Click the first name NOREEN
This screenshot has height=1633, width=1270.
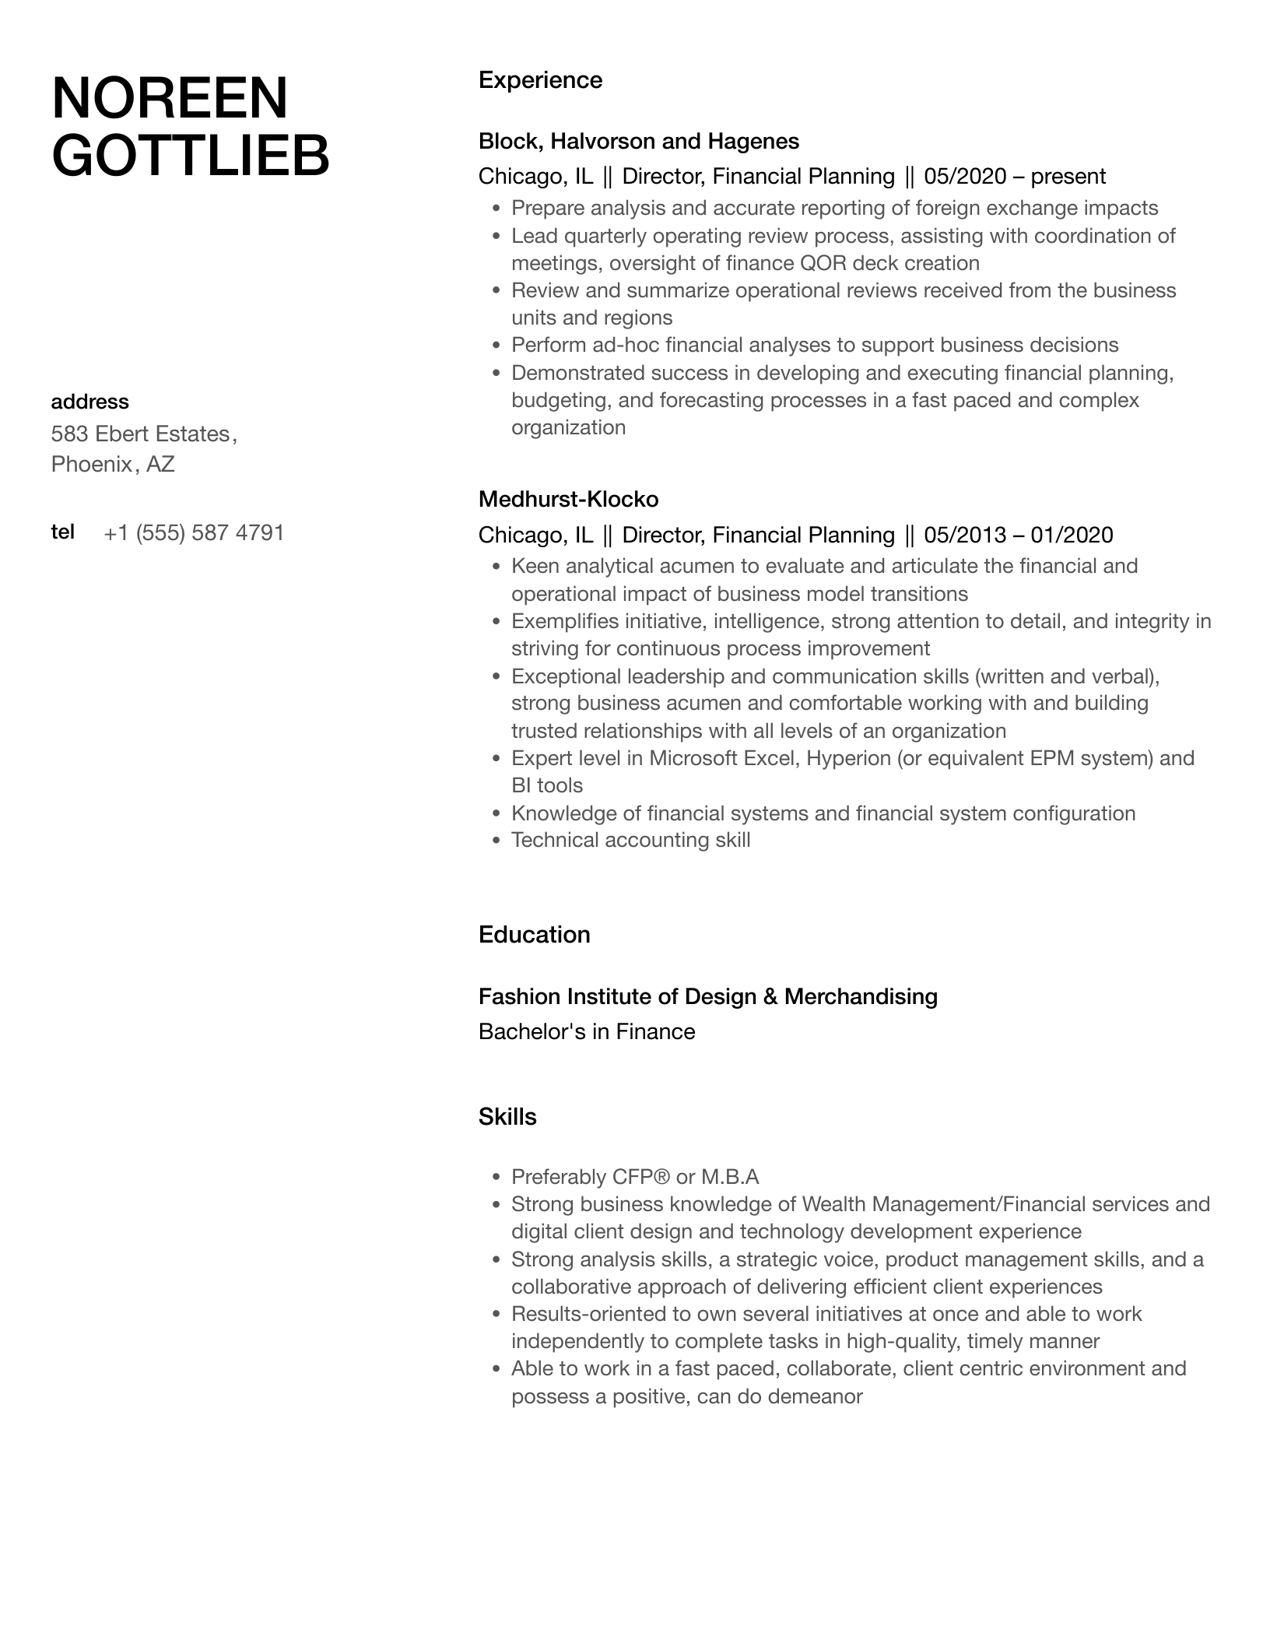(x=170, y=99)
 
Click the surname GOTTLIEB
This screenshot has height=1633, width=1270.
(x=191, y=156)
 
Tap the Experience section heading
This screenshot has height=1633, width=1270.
(x=540, y=80)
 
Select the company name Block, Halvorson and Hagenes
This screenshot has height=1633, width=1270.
(x=638, y=141)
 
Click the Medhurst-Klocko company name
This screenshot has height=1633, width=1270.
(x=568, y=499)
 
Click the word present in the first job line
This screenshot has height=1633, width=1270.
(x=1068, y=177)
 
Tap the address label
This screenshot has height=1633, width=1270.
(x=89, y=402)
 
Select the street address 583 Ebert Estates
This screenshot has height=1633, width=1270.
(x=141, y=434)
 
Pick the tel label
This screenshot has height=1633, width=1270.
(x=62, y=532)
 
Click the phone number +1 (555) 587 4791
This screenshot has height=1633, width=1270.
(x=194, y=533)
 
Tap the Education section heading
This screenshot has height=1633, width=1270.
(x=534, y=935)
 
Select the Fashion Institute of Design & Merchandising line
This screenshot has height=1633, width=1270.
(x=707, y=996)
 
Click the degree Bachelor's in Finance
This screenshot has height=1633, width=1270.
(x=586, y=1032)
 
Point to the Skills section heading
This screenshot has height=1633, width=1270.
(x=507, y=1117)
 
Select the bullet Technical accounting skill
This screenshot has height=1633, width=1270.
(x=630, y=840)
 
